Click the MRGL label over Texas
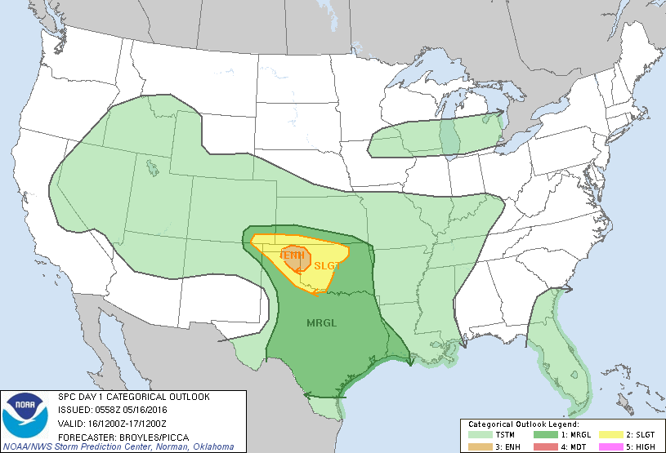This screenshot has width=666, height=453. click(322, 322)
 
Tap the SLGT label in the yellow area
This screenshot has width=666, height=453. click(326, 266)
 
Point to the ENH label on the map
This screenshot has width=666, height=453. click(293, 255)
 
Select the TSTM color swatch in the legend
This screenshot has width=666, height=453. click(477, 434)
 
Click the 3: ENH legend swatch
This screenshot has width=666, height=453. click(477, 446)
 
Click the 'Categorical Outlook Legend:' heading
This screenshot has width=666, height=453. click(523, 424)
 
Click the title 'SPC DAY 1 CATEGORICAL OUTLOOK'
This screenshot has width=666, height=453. click(133, 397)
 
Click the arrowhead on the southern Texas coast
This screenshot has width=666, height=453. click(307, 395)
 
